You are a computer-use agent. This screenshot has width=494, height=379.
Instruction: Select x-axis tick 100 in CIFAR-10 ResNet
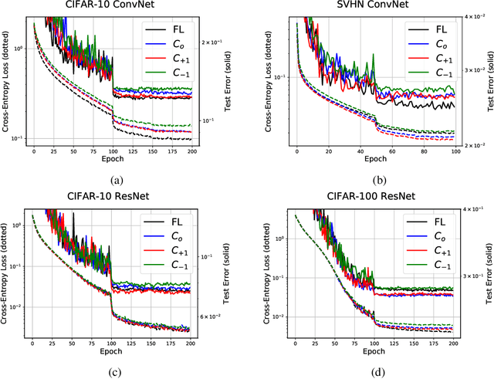point(113,343)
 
